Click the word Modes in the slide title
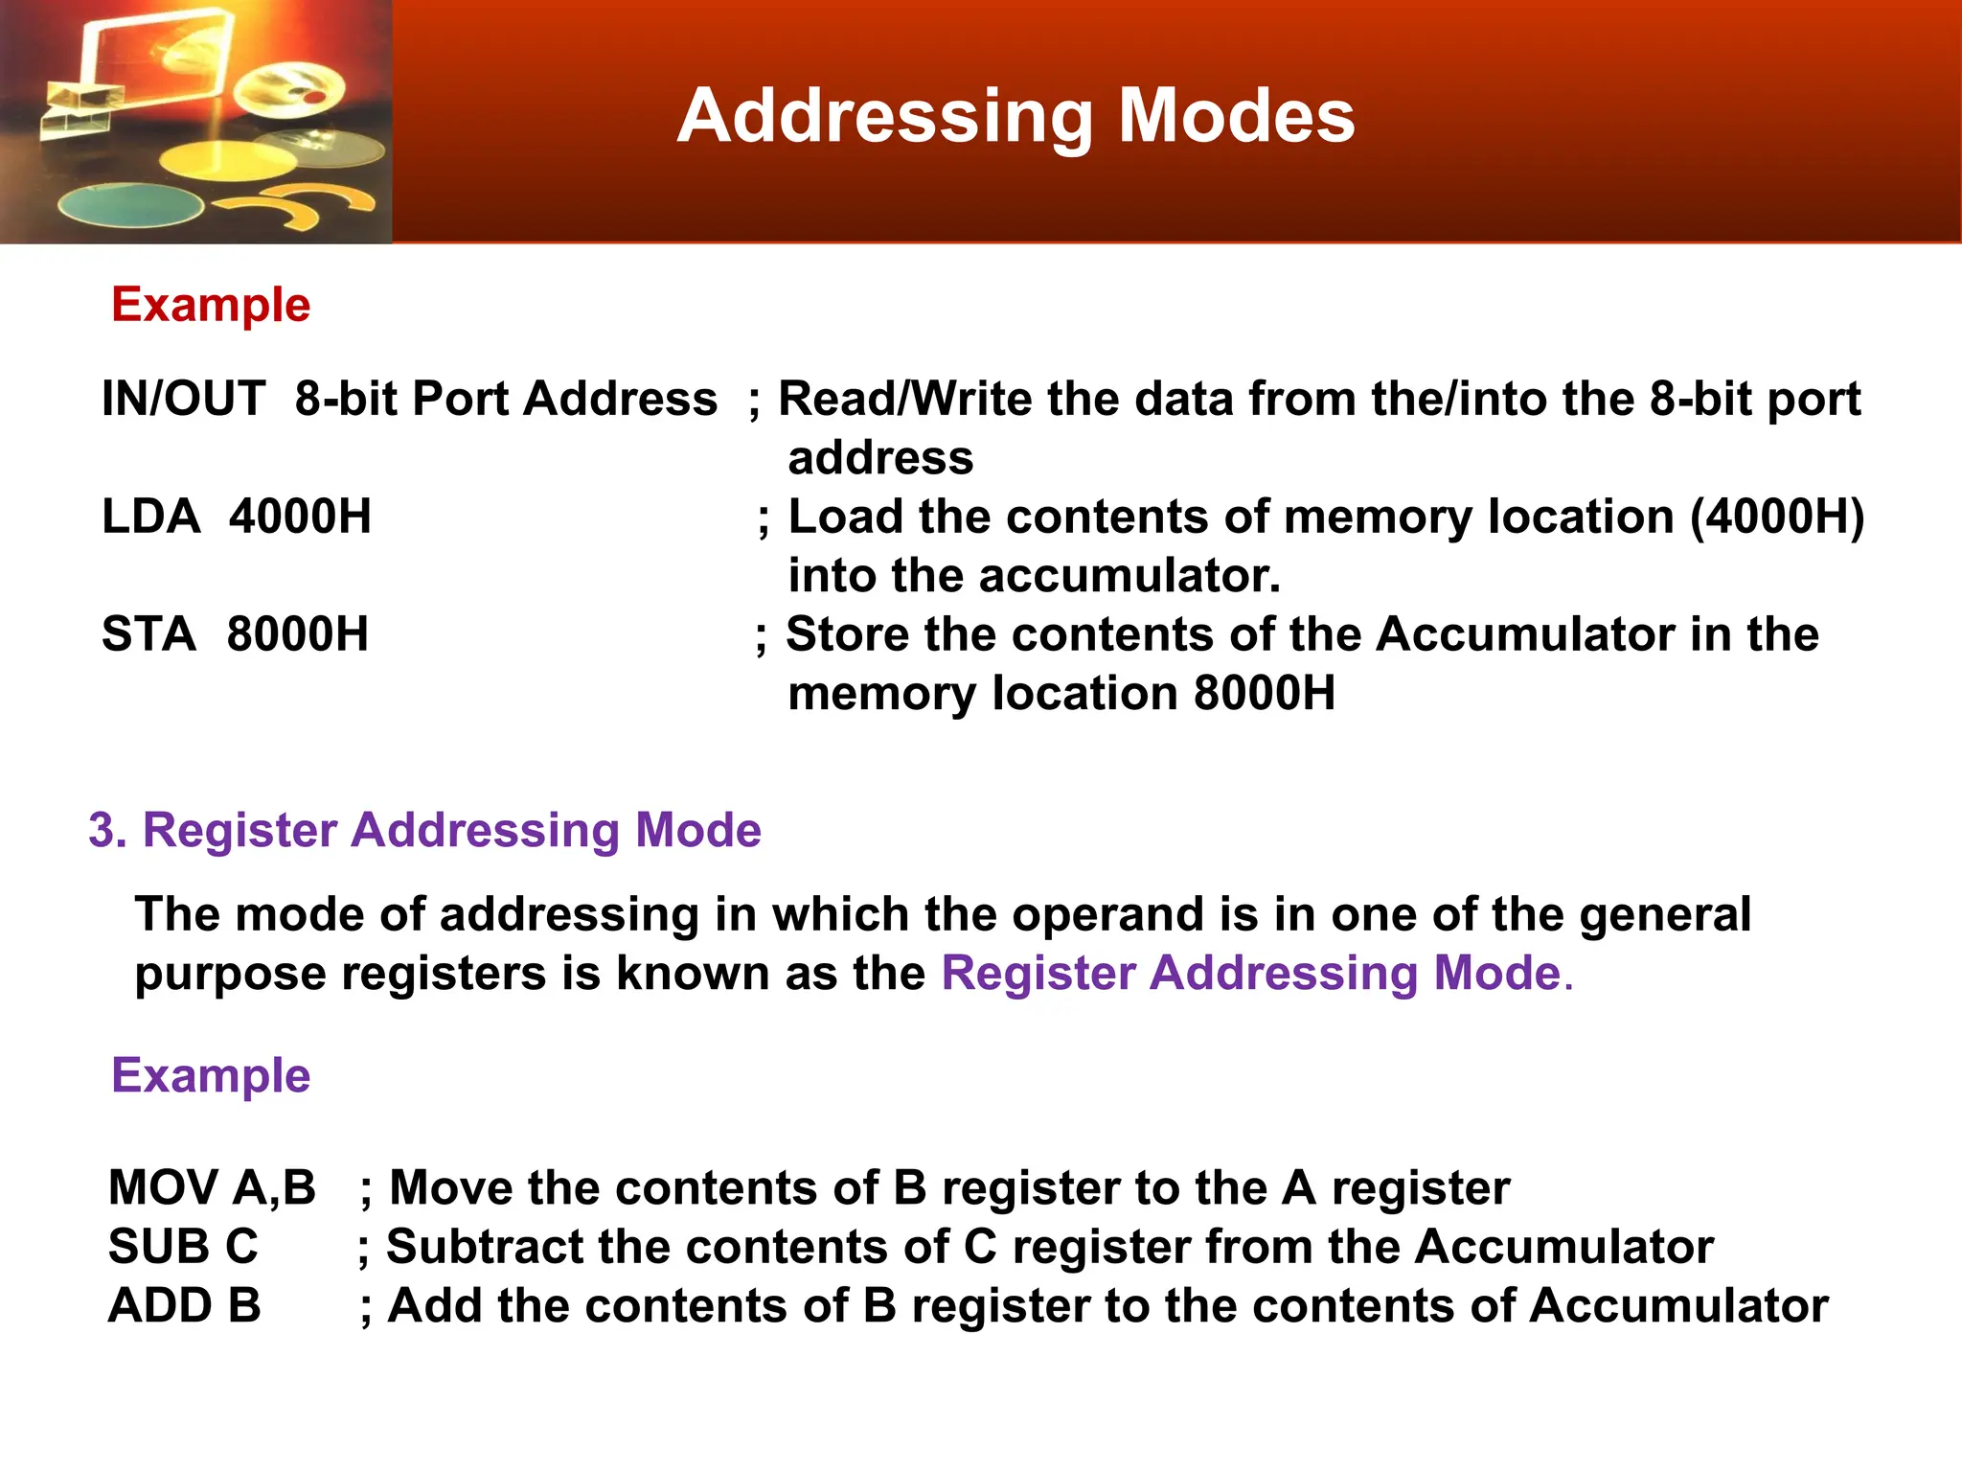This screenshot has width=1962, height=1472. (1236, 116)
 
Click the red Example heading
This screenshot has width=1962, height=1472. (211, 305)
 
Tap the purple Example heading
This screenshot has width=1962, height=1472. (211, 1075)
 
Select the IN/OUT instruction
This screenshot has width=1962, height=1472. (183, 399)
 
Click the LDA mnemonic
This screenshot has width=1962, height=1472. (150, 517)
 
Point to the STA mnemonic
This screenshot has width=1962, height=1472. (148, 634)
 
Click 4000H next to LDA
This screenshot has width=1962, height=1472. (300, 517)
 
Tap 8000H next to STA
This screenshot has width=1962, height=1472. (297, 634)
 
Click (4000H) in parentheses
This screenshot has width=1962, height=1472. (1777, 517)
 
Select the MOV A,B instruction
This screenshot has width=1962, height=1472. (212, 1187)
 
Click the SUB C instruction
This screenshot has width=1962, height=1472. (183, 1247)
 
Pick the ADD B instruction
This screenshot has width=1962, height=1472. (184, 1305)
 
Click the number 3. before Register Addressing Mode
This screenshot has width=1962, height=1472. (107, 830)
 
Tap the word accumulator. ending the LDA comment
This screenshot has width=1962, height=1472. (1129, 576)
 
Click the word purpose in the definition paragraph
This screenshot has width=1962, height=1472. (231, 975)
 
